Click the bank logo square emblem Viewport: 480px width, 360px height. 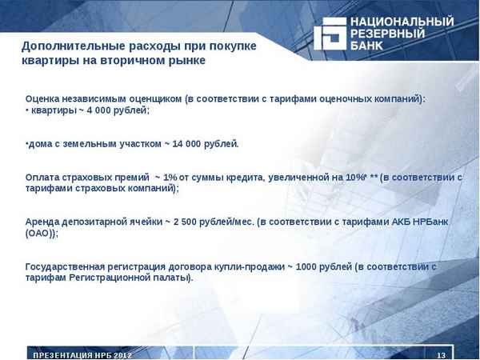tap(328, 34)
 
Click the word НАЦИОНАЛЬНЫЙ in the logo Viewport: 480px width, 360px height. tap(402, 21)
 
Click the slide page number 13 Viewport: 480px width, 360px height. tap(441, 354)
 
